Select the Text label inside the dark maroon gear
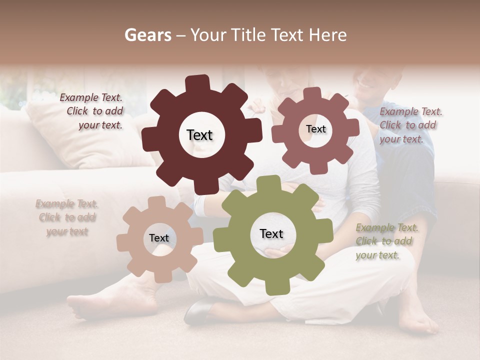tap(199, 135)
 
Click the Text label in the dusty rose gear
tap(315, 129)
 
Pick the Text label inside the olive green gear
tap(271, 233)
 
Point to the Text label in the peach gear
tap(159, 238)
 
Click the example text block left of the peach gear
tap(67, 217)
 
